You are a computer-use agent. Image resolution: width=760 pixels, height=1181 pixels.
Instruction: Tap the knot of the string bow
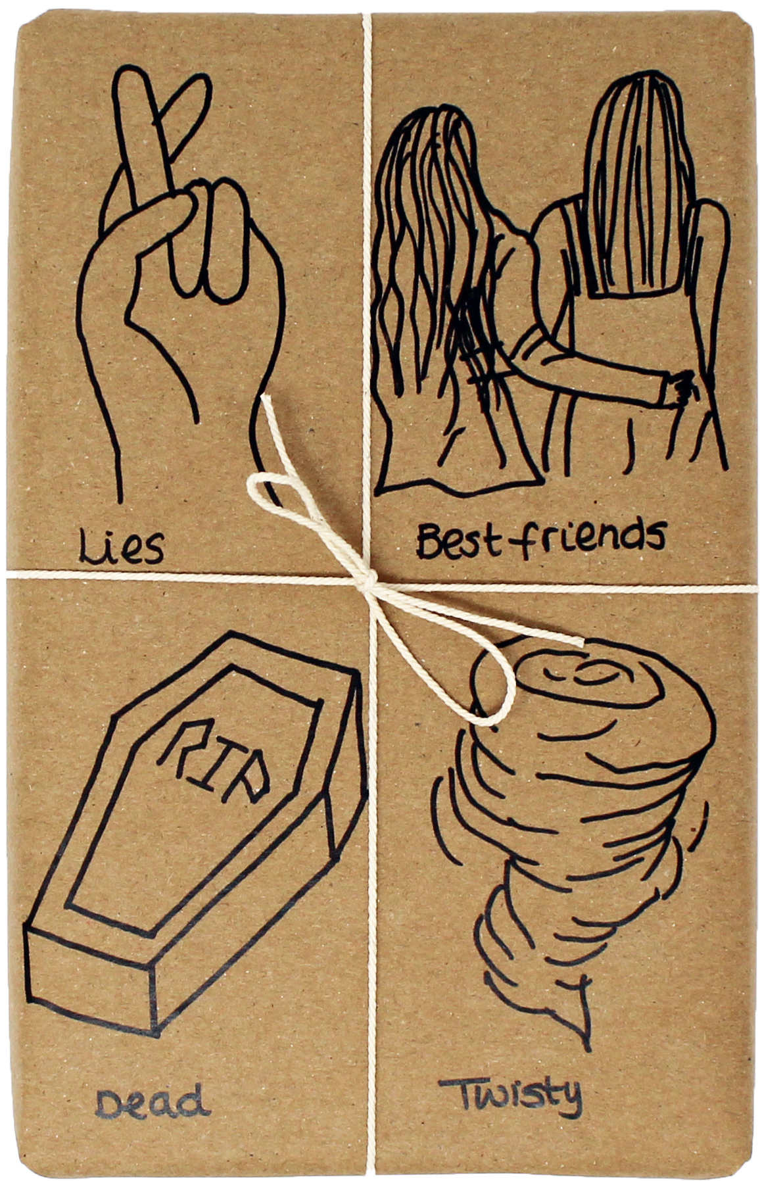coord(369,582)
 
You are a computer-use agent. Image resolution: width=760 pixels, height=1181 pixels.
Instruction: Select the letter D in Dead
coord(108,1101)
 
